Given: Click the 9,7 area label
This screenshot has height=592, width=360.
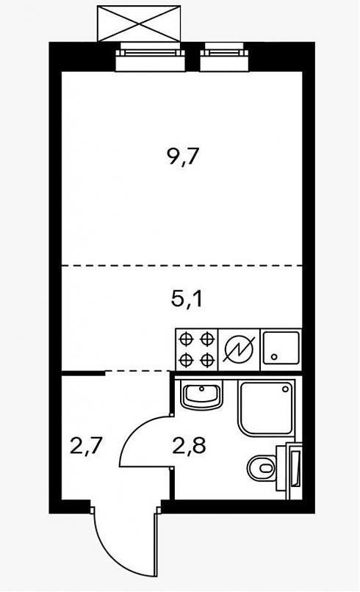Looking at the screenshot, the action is point(182,156).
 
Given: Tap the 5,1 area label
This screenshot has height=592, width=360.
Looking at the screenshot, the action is point(187,300).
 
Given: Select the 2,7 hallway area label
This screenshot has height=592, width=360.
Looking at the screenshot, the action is point(86,447).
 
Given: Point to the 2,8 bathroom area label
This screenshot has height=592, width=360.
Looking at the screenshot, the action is point(189,446).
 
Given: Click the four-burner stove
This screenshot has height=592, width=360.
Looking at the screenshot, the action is point(197,349).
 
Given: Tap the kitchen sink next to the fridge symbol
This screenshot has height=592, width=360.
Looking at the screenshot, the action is point(281,347).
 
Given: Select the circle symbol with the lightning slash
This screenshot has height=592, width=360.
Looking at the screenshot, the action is point(240,348).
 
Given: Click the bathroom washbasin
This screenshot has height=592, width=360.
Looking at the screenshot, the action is point(202,394).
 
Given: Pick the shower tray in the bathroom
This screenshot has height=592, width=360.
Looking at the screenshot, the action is point(266,408).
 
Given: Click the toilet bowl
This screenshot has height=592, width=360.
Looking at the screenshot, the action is point(262,468).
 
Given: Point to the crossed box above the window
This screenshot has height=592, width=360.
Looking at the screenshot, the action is point(139,24).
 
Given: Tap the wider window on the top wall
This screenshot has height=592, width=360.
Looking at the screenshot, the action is point(151,57).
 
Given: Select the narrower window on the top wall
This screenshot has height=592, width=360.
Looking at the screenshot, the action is point(224,57).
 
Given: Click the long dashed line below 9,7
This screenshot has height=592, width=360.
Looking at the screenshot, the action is point(182,265).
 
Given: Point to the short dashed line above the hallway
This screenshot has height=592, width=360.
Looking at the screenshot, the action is point(137,372).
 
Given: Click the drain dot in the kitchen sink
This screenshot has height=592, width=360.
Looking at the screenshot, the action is point(275,356).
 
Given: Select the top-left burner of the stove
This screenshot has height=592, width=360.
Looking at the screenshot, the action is point(185,339).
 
